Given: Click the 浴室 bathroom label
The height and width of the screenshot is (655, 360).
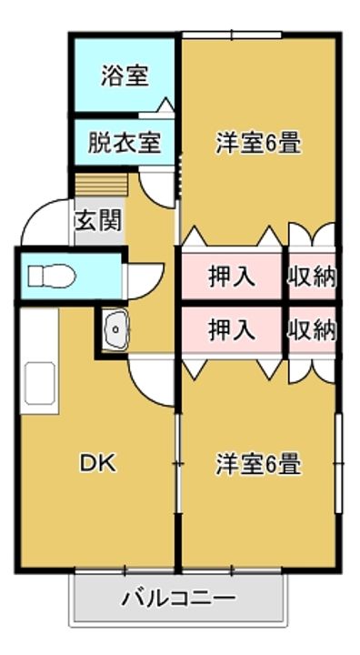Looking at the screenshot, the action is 125,76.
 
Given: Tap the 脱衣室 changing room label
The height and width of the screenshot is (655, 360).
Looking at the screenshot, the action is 124,143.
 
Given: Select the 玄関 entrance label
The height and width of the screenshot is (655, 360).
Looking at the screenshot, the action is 98,220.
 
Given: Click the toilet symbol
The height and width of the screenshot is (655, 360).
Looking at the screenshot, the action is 52,277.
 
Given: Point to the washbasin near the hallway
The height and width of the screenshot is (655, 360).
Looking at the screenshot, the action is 115,328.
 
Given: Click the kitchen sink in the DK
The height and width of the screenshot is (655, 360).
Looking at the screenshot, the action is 40,384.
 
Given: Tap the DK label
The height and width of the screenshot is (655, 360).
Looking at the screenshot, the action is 97,463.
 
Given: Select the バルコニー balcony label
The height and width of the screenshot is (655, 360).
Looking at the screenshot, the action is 179,599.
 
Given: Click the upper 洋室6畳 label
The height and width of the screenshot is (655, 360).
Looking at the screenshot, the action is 258,144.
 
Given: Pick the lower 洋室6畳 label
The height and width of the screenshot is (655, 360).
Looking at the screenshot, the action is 258,464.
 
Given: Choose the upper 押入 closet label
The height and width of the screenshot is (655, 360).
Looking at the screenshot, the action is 232,277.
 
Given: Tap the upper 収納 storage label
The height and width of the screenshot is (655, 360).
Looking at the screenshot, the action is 312,277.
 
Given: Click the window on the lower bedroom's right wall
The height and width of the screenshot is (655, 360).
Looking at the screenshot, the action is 339,463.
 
